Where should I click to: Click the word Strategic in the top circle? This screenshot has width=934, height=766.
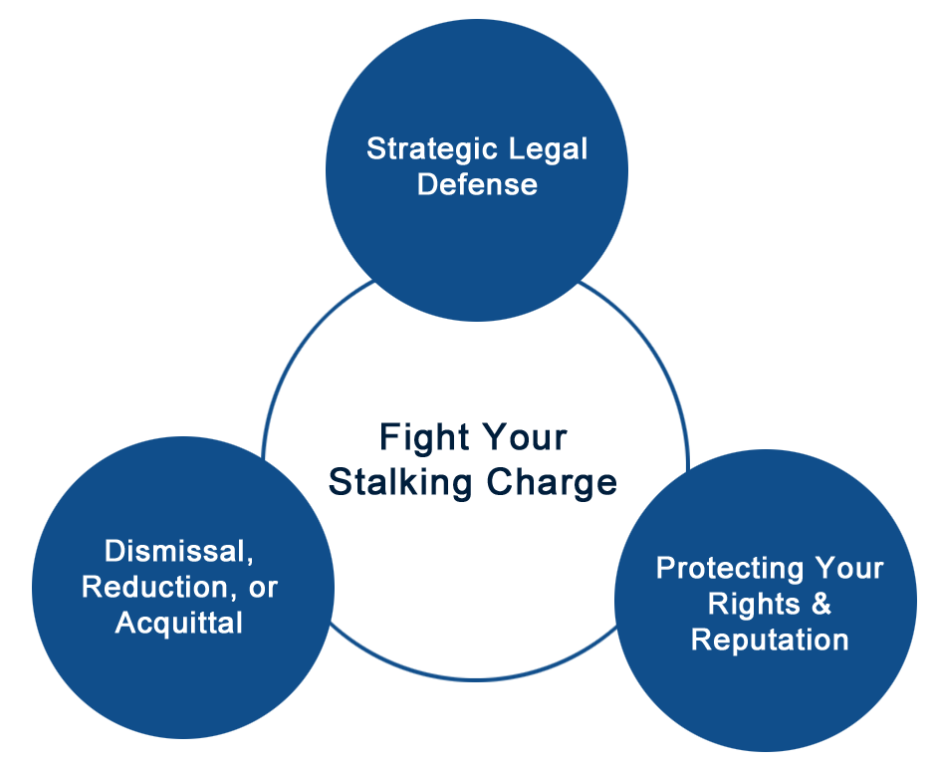(423, 149)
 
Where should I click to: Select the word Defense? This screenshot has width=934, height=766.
(477, 184)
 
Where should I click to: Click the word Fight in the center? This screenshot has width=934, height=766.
(423, 439)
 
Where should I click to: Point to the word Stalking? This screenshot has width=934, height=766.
(400, 483)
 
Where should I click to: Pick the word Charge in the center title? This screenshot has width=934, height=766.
(552, 483)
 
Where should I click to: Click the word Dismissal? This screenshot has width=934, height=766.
(175, 551)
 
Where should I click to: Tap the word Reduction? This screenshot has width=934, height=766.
(154, 587)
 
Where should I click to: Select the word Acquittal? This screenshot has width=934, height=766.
(178, 624)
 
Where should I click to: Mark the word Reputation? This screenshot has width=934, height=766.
(770, 641)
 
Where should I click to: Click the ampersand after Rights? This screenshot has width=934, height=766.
(820, 604)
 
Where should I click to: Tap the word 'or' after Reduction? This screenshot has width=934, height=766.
(263, 589)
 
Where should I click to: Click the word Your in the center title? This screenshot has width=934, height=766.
(524, 439)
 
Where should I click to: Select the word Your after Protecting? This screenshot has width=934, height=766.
(849, 568)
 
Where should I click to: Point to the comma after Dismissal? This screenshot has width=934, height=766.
(249, 559)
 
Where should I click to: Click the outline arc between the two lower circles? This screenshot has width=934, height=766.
(474, 679)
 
